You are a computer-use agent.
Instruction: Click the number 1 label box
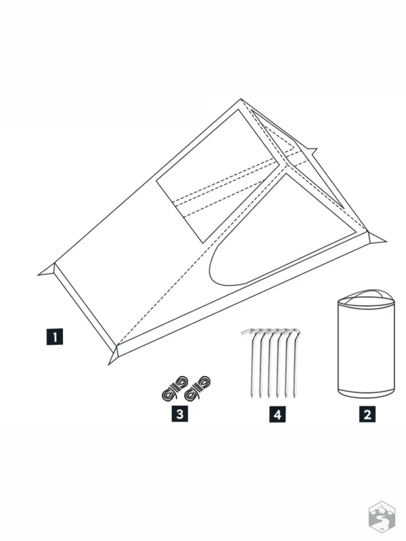[55, 336]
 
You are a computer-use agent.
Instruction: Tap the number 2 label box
[367, 414]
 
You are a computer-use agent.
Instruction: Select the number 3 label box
[180, 413]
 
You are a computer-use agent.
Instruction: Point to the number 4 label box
[277, 414]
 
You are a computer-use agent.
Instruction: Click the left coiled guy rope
[175, 388]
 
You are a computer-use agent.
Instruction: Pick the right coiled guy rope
[198, 388]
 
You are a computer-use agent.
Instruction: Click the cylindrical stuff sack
[366, 345]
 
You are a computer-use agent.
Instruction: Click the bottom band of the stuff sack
[366, 394]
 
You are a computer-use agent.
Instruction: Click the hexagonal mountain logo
[382, 517]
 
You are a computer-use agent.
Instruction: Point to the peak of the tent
[241, 99]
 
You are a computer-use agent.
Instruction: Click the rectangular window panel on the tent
[218, 176]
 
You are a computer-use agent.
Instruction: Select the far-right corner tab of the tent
[377, 237]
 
